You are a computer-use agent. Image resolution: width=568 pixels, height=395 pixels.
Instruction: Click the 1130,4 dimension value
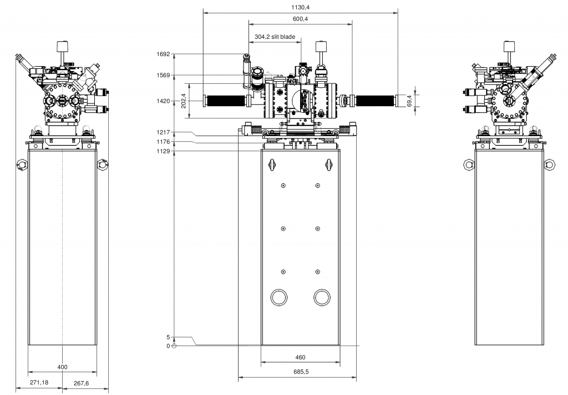coord(300,7)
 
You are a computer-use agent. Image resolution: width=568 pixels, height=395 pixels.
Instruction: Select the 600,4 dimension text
coord(300,19)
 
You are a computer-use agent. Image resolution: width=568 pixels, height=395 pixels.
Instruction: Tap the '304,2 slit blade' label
coord(275,37)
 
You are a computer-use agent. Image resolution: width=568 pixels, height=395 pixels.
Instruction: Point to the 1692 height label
coord(163,54)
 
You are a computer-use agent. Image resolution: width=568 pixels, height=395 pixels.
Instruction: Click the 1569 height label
coord(163,75)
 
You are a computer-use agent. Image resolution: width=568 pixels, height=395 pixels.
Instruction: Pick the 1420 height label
coord(163,101)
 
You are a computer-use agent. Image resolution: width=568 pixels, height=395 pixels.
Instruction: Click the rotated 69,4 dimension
coord(409,101)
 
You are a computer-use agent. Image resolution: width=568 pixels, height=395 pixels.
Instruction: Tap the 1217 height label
coord(163,132)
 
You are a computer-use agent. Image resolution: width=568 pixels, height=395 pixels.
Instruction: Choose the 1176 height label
coord(163,142)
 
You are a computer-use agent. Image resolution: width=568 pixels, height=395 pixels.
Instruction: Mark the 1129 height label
coord(163,151)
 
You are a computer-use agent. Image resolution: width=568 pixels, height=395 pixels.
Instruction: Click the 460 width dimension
coord(300,357)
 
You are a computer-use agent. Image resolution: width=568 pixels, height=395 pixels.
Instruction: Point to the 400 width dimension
coord(62,367)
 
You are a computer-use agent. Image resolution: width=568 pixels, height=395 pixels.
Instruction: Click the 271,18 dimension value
coord(39,383)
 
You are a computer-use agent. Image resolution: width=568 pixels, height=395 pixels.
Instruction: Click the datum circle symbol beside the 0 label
coord(174,346)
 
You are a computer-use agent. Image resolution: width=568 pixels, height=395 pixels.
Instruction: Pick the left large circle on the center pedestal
coord(278,297)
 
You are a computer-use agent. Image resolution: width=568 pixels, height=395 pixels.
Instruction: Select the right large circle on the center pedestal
coord(321,297)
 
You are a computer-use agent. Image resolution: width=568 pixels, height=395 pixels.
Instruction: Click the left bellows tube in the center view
coord(226,101)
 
